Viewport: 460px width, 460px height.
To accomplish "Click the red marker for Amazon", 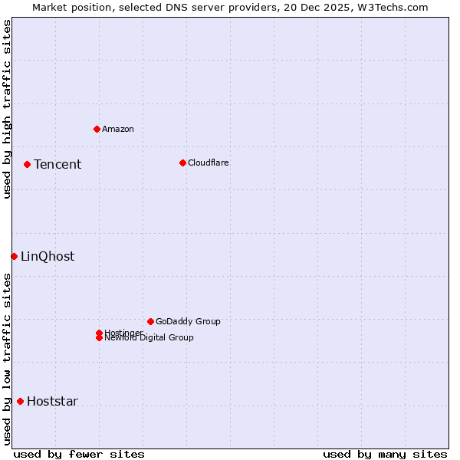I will [x=97, y=129].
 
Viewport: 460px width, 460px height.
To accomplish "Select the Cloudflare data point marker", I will [x=182, y=163].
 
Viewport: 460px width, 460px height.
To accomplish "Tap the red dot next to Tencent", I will [x=27, y=164].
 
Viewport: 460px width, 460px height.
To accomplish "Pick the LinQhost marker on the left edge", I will [x=14, y=256].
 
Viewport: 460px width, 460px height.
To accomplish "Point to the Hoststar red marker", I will [x=20, y=401].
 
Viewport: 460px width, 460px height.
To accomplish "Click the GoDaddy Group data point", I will [x=150, y=321].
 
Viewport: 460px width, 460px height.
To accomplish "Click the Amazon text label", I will [x=118, y=129].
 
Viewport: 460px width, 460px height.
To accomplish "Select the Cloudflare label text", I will [x=209, y=163].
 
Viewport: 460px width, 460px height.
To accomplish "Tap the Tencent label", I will [x=58, y=164].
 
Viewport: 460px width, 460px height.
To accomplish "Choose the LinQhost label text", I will [x=48, y=256].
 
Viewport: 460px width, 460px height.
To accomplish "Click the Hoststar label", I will [x=52, y=401].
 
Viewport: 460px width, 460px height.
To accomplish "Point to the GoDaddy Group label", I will [x=188, y=321].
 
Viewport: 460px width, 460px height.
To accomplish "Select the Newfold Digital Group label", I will [x=149, y=338].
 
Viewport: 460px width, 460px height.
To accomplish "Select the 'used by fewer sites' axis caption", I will [x=79, y=454].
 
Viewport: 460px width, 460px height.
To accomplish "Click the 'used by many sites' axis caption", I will [x=385, y=454].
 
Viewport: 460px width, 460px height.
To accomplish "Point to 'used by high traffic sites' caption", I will [x=7, y=110].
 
